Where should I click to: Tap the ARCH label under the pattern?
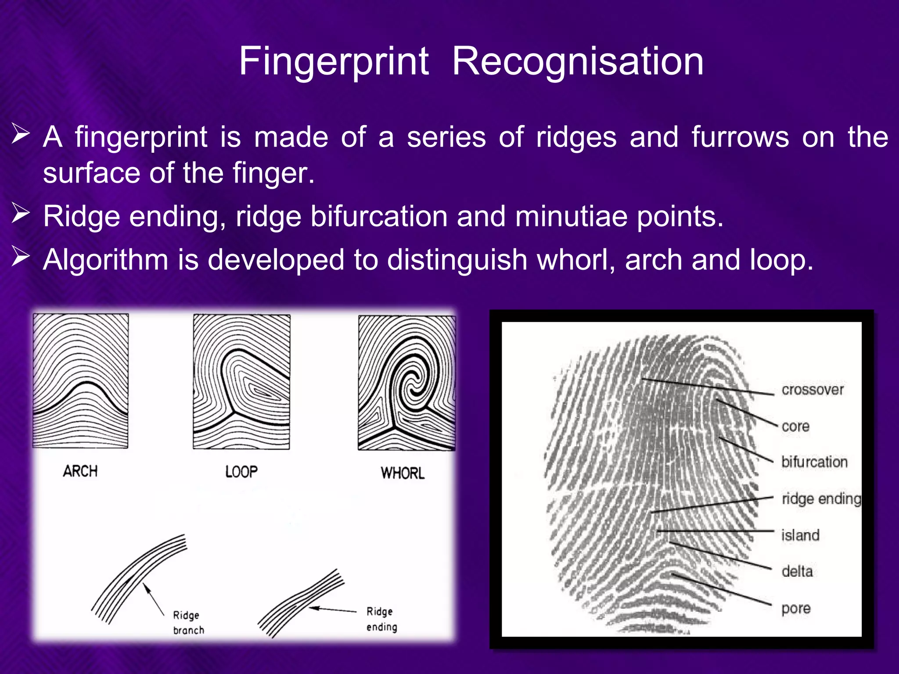(80, 471)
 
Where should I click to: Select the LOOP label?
(241, 472)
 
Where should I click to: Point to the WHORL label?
(403, 473)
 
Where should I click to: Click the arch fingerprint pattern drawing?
(81, 380)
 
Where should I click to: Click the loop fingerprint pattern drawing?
(241, 381)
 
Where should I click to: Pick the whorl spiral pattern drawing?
(406, 382)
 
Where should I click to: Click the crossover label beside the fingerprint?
(813, 390)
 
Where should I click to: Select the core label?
(795, 426)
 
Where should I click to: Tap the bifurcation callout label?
(814, 462)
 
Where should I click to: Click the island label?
(800, 535)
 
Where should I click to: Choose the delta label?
(797, 571)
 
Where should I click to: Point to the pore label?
(796, 609)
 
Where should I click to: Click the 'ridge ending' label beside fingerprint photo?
(821, 499)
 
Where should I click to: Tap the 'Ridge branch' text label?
(188, 622)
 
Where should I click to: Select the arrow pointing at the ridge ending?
(333, 609)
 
